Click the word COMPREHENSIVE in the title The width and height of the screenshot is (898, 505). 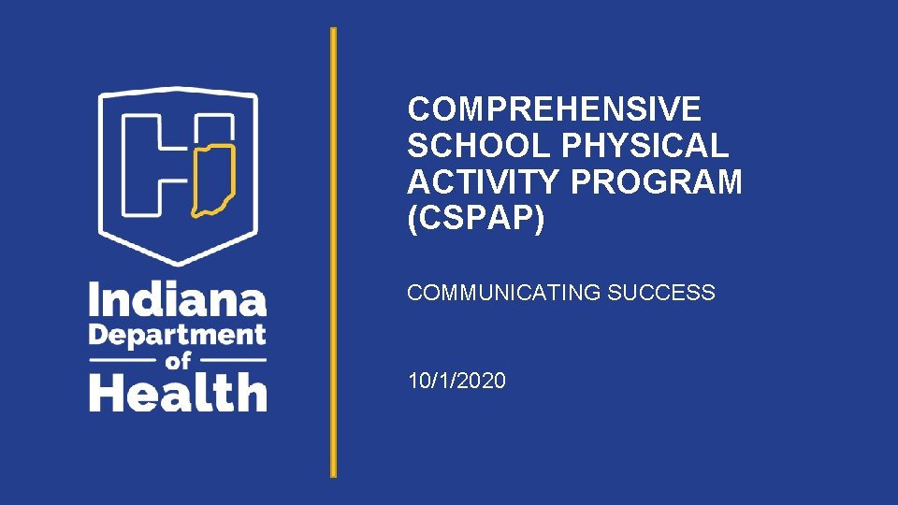(554, 110)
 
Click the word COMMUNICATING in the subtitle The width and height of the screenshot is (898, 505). (503, 293)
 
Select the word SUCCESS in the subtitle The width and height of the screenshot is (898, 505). (661, 293)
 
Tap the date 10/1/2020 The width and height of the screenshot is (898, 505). (456, 381)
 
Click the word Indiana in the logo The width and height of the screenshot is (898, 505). (178, 301)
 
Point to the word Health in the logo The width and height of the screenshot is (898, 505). (178, 392)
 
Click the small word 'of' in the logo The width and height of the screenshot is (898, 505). (179, 360)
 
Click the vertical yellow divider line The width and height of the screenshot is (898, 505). (332, 252)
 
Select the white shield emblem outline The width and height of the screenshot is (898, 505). (102, 168)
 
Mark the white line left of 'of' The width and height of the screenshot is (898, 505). (124, 360)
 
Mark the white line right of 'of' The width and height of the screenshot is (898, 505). (233, 360)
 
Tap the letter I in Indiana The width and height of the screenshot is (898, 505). (94, 301)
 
